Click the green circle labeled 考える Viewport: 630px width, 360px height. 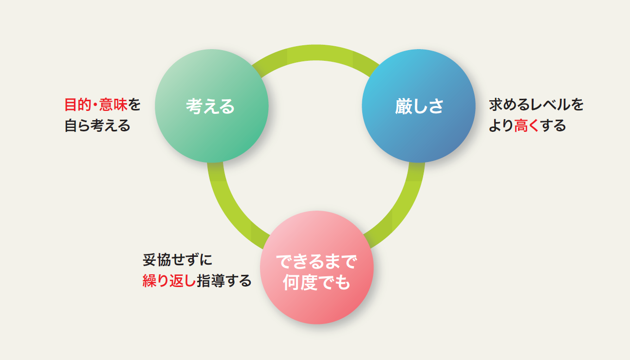pos(211,106)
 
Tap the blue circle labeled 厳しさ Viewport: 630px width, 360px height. pos(419,106)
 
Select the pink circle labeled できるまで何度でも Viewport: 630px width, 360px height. pos(316,267)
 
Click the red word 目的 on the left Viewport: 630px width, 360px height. pos(78,105)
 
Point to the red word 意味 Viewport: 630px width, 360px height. pos(113,105)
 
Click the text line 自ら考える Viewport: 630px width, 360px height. pos(97,126)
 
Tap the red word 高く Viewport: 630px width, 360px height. pos(526,126)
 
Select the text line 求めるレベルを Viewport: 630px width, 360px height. pos(537,105)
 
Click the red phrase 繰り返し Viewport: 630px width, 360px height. pos(169,281)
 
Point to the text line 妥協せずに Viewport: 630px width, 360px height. pos(178,260)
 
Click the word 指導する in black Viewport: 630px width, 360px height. pos(224,281)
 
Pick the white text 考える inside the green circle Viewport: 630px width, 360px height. pos(210,106)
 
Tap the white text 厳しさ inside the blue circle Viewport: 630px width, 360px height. pos(419,106)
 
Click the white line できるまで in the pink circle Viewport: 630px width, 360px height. pos(316,261)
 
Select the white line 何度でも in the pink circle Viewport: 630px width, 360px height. pos(316,282)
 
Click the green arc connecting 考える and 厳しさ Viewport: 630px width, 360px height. pos(315,53)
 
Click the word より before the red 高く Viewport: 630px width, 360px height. pos(501,126)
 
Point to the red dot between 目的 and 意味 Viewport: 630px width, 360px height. pos(95,105)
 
